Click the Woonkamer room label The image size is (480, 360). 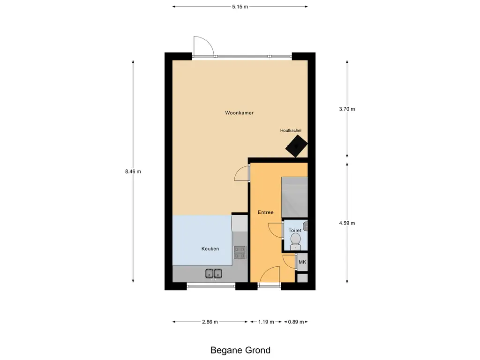[239, 113]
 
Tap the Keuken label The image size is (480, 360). [210, 249]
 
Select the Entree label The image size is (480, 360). [265, 212]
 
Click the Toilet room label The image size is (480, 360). [295, 231]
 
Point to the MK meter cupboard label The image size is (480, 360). [302, 262]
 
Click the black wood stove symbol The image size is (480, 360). [296, 146]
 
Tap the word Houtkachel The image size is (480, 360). [291, 130]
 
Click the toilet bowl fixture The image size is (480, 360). [295, 241]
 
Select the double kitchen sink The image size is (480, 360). [213, 273]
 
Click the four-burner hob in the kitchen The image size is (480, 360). [240, 253]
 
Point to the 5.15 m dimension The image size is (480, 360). [240, 7]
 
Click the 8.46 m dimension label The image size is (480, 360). [133, 172]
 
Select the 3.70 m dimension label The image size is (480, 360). [347, 109]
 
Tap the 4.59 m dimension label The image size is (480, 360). [347, 223]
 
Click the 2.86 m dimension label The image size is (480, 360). [210, 322]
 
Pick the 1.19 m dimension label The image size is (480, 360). [266, 322]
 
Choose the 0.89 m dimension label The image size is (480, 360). [296, 322]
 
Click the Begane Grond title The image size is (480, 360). [240, 350]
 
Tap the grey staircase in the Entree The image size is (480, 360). [294, 197]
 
